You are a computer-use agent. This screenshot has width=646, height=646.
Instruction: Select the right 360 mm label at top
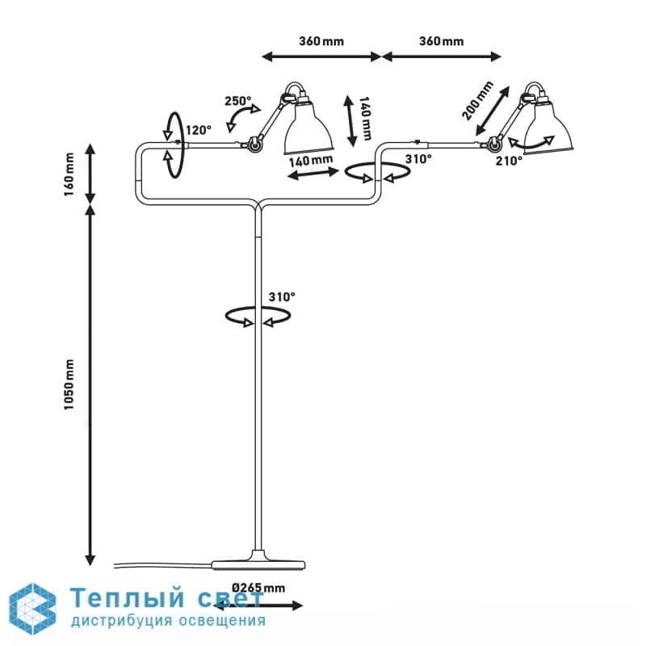pyautogui.click(x=441, y=41)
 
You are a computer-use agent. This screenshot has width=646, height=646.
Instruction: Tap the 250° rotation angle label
pyautogui.click(x=237, y=102)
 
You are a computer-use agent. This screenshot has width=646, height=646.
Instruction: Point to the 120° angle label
pyautogui.click(x=199, y=129)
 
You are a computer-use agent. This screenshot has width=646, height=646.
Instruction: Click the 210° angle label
pyautogui.click(x=510, y=161)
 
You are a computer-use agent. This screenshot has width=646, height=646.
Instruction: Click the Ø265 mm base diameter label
pyautogui.click(x=259, y=587)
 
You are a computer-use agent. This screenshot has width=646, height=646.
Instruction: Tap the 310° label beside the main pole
pyautogui.click(x=282, y=297)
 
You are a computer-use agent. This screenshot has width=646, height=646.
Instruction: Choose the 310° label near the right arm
pyautogui.click(x=419, y=159)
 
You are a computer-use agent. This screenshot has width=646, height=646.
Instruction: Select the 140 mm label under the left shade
pyautogui.click(x=311, y=160)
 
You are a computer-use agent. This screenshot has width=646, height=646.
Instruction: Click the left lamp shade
pyautogui.click(x=308, y=129)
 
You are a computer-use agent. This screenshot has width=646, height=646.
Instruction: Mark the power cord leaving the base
pyautogui.click(x=161, y=563)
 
